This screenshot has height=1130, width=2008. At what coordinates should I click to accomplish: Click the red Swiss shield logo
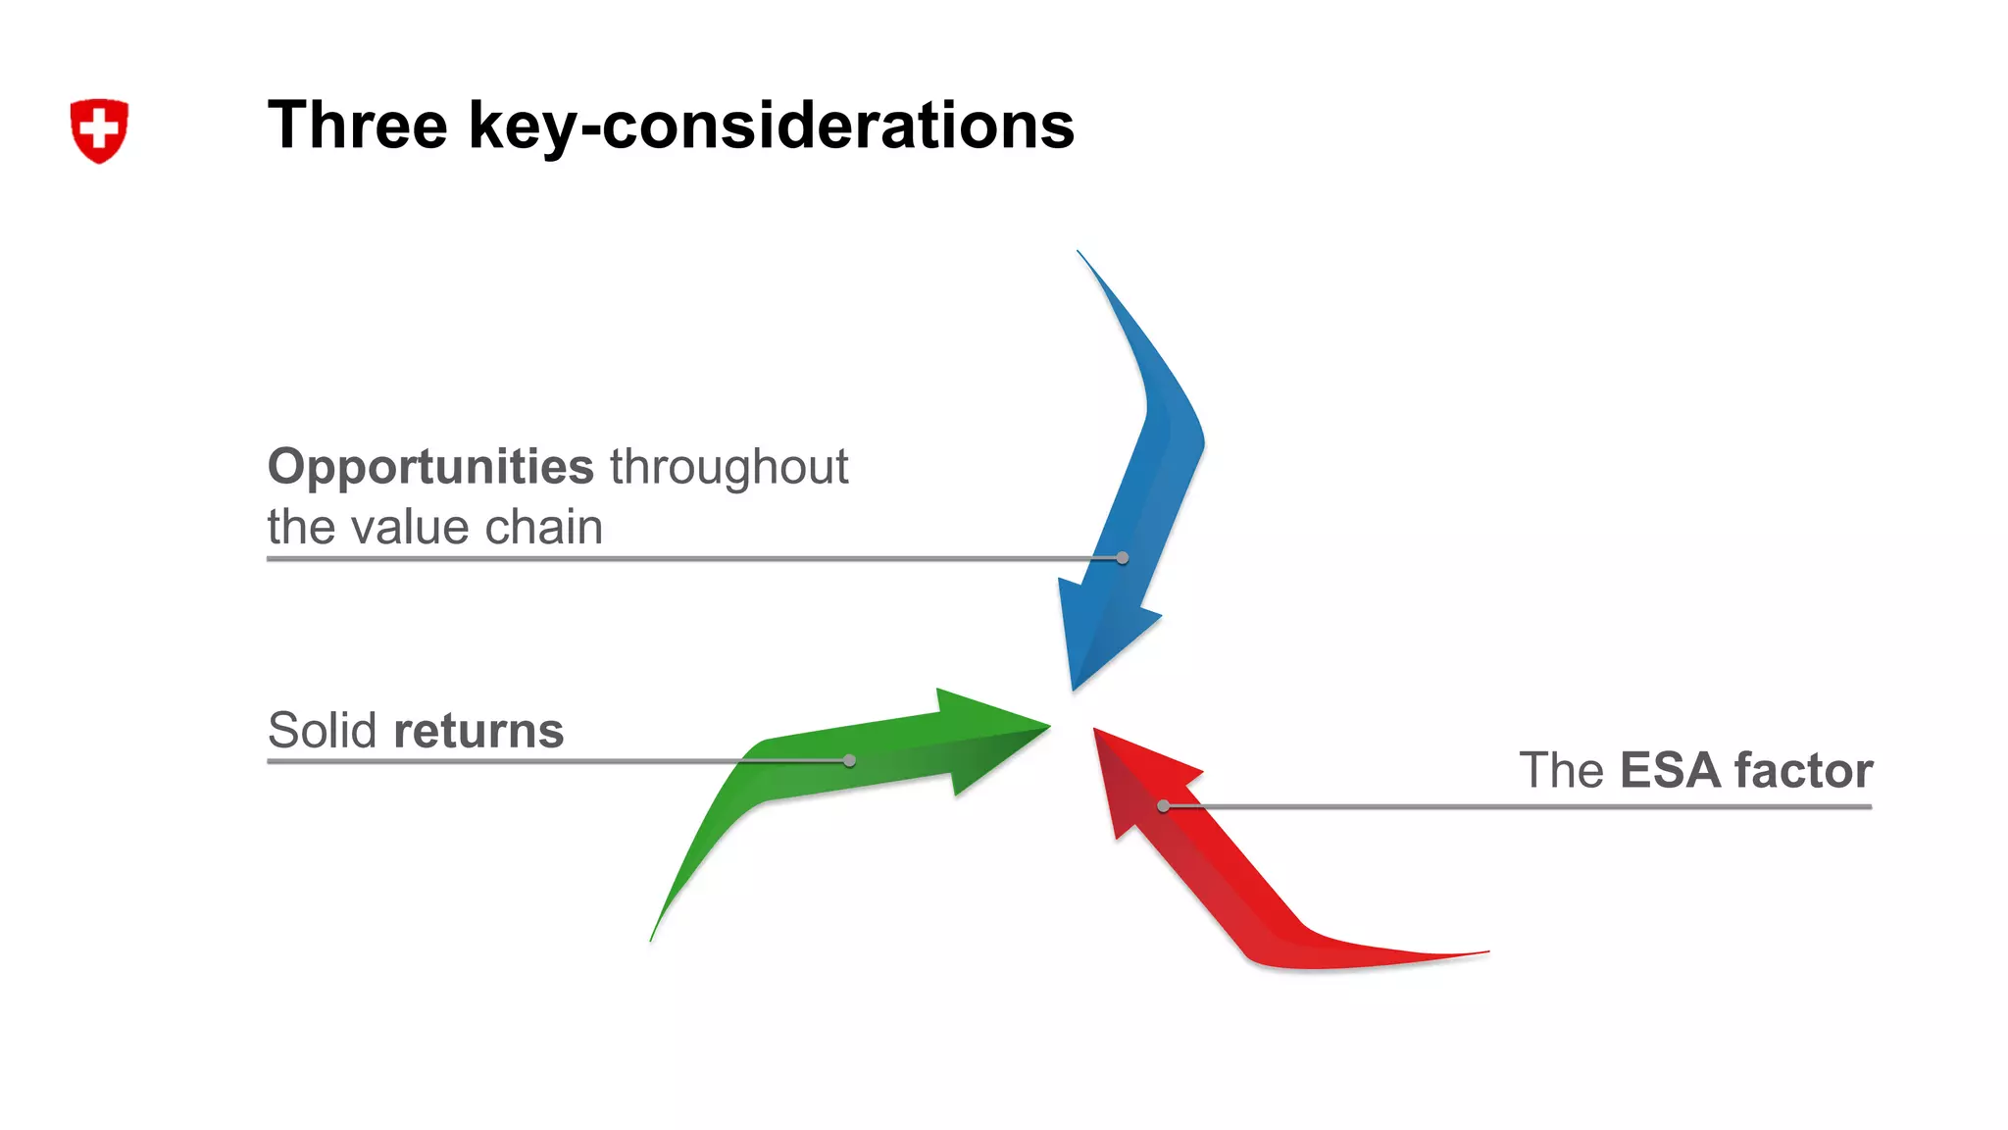pos(99,143)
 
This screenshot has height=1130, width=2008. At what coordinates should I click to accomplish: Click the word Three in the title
pos(357,126)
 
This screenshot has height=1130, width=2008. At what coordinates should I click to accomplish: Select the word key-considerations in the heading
pos(772,128)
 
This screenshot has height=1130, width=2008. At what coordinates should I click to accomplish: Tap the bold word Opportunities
pos(430,467)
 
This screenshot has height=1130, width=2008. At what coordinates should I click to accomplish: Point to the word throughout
pos(728,467)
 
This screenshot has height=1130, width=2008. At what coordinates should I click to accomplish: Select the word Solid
pos(322,731)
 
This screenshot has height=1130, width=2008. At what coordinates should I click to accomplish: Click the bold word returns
pos(478,732)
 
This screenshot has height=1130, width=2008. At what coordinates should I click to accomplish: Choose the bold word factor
pos(1803,770)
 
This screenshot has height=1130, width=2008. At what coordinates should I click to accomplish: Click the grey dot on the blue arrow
pos(1123,558)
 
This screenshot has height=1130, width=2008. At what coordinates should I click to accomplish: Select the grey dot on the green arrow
pos(849,760)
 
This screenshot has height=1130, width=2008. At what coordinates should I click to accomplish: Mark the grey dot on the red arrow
pos(1163,806)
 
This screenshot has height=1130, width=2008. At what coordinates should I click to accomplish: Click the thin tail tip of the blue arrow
pos(1079,253)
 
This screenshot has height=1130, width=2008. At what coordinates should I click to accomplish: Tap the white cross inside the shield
pos(99,128)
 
